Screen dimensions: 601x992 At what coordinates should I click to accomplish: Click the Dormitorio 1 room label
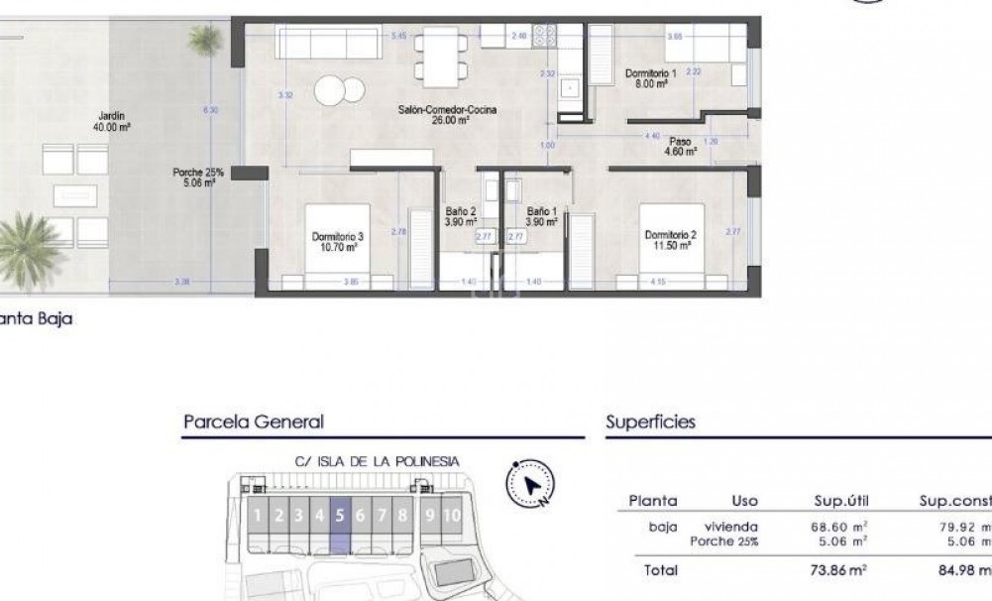[x=650, y=79]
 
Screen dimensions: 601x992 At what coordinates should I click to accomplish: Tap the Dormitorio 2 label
[x=671, y=240]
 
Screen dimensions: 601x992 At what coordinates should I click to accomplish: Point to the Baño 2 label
[x=461, y=216]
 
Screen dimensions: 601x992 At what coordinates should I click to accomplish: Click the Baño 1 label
[x=542, y=216]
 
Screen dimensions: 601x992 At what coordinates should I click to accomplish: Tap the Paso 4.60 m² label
[x=680, y=147]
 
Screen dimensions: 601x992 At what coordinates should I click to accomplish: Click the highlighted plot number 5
[x=340, y=515]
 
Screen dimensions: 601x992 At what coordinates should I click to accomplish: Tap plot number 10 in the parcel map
[x=452, y=515]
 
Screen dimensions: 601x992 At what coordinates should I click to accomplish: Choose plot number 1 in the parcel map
[x=258, y=515]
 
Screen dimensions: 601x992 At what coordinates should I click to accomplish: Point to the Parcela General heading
[x=254, y=421]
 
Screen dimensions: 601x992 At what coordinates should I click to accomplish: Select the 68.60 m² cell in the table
[x=838, y=527]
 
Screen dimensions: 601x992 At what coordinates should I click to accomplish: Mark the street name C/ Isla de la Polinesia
[x=377, y=460]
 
